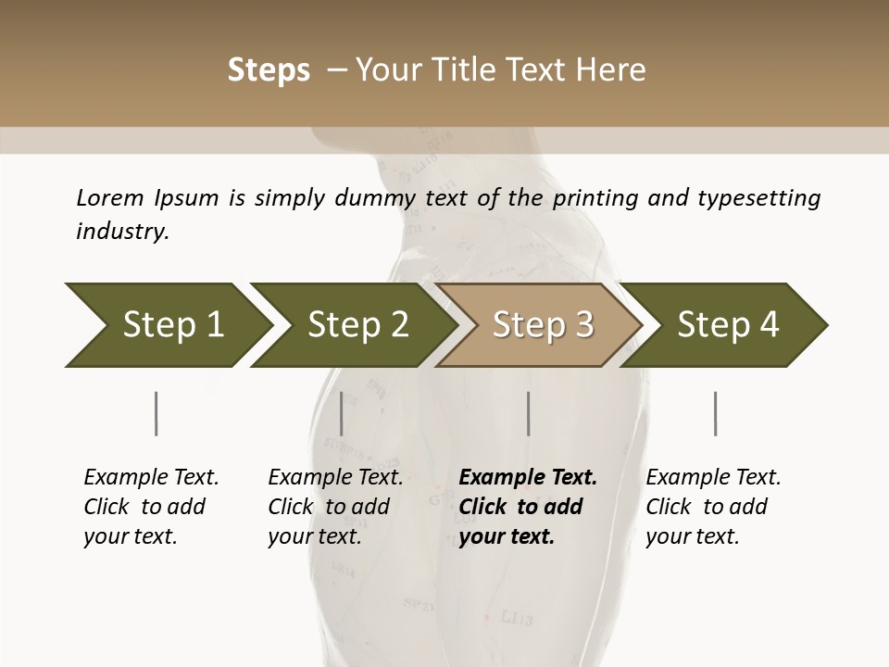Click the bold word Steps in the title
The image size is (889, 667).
pyautogui.click(x=269, y=70)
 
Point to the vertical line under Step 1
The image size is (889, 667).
pyautogui.click(x=157, y=413)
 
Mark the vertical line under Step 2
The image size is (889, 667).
pyautogui.click(x=342, y=413)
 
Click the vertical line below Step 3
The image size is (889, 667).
pyautogui.click(x=528, y=413)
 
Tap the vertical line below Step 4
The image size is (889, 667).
pyautogui.click(x=715, y=413)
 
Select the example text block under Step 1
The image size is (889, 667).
pyautogui.click(x=151, y=507)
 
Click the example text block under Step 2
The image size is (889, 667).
pyautogui.click(x=335, y=507)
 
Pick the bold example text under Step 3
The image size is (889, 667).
pyautogui.click(x=528, y=507)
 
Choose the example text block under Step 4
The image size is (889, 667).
pyautogui.click(x=713, y=507)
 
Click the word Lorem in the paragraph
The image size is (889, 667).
pyautogui.click(x=110, y=198)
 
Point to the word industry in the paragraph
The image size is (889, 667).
pyautogui.click(x=122, y=232)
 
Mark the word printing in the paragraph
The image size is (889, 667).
pyautogui.click(x=593, y=198)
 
